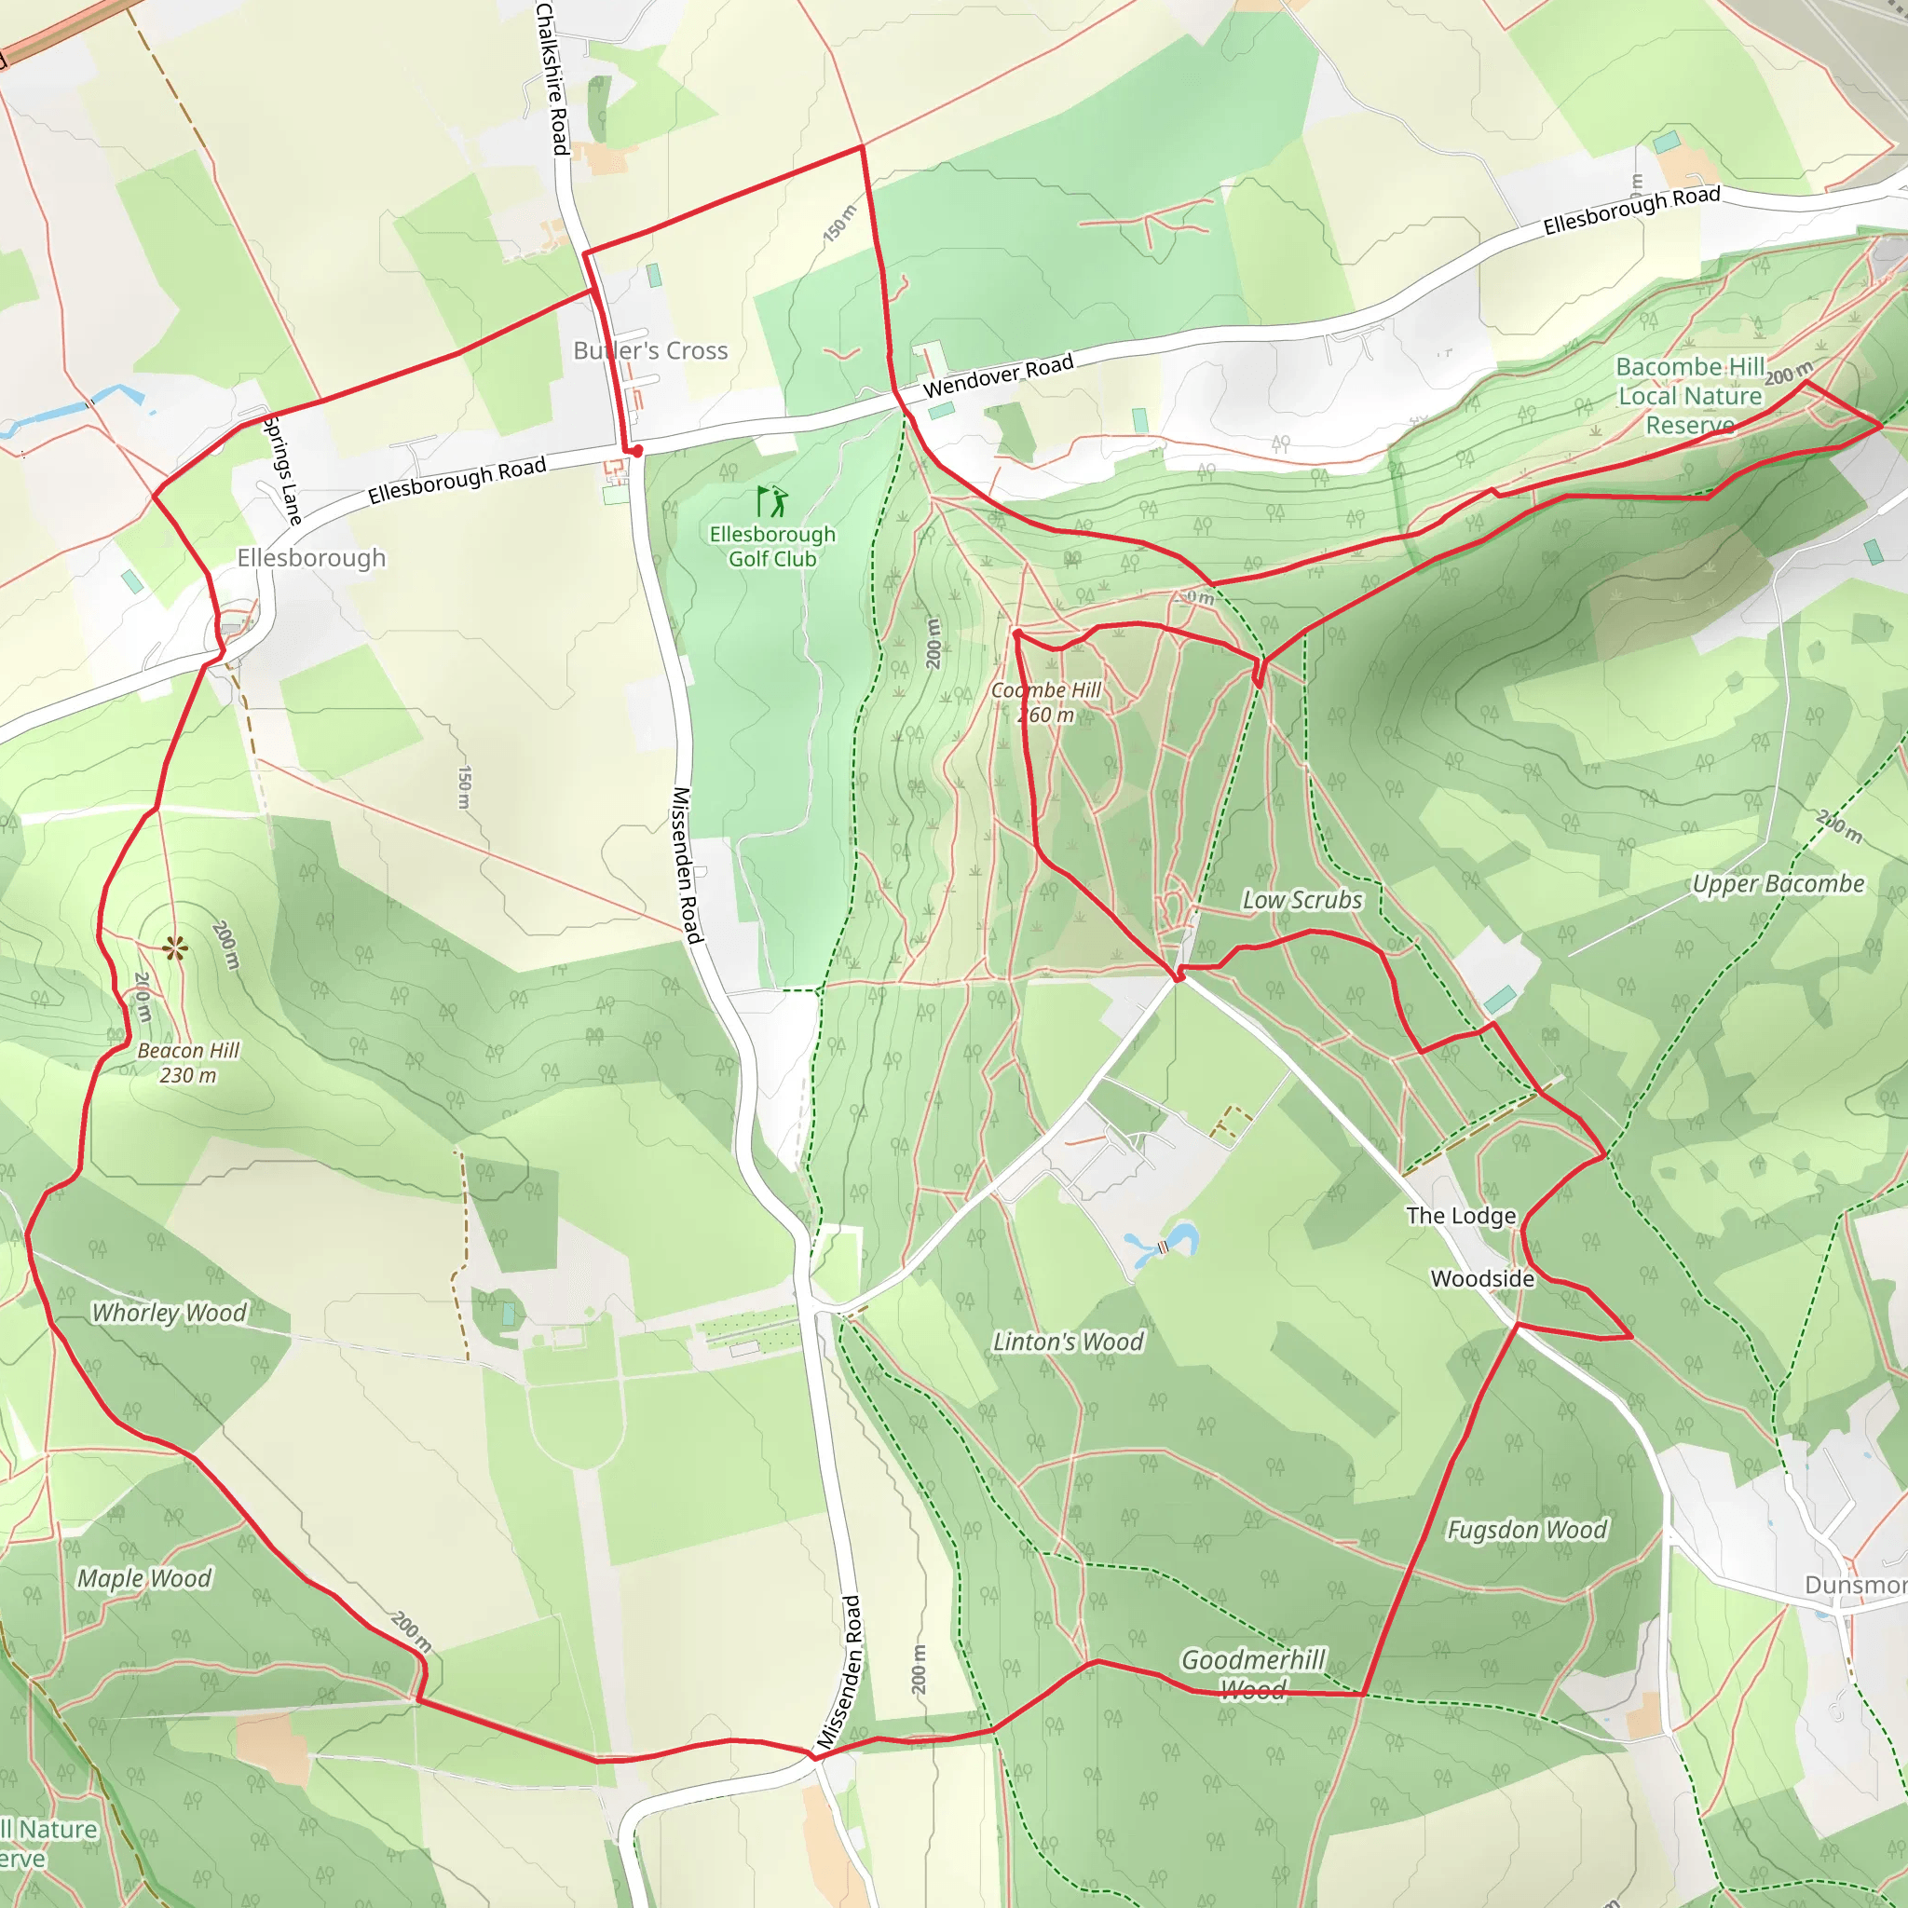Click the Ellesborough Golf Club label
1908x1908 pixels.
point(772,546)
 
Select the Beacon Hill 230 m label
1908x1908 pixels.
point(187,1063)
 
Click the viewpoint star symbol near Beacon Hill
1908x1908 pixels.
point(175,949)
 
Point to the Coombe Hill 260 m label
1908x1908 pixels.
point(1046,702)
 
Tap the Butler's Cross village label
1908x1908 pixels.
point(651,350)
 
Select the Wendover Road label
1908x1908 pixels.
point(998,376)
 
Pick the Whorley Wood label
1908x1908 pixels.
point(169,1313)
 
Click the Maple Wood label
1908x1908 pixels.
point(144,1578)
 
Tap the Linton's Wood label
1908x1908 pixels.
point(1068,1342)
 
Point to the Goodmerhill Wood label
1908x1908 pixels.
point(1252,1674)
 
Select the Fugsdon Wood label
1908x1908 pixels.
point(1527,1530)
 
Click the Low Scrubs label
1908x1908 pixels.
point(1302,900)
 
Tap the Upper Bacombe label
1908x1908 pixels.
point(1778,884)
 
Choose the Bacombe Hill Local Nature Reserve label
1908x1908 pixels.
point(1690,395)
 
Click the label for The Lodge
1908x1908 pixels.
point(1461,1216)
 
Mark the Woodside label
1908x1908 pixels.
point(1482,1279)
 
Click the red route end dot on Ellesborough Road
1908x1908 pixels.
point(637,451)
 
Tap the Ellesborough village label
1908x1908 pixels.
point(311,558)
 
